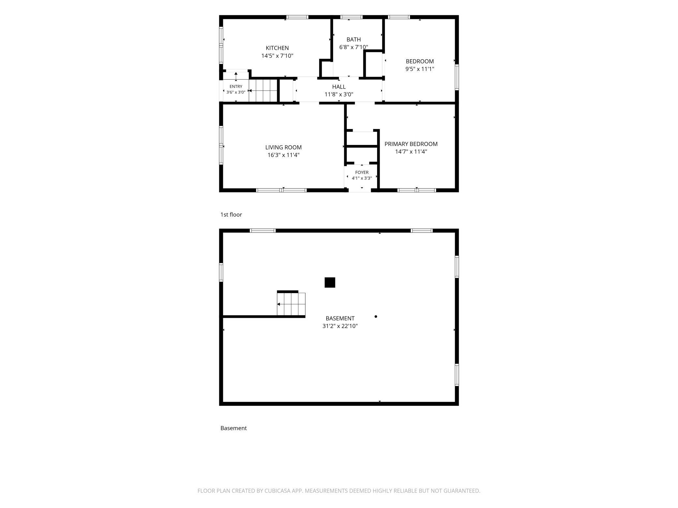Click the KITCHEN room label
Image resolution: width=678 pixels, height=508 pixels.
[x=277, y=48]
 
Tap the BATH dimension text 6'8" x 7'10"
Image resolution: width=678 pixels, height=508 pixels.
[x=354, y=47]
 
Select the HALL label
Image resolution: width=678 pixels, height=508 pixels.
[x=339, y=87]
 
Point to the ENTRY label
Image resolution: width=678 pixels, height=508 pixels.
[x=236, y=86]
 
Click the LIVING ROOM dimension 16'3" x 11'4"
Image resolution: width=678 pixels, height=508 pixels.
[x=283, y=155]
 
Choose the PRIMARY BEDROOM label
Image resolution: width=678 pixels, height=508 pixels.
[x=411, y=144]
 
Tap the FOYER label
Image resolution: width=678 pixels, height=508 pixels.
[x=362, y=172]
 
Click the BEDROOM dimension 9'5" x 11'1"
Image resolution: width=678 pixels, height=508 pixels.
[x=420, y=69]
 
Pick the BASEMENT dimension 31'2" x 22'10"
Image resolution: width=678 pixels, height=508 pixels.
[x=340, y=326]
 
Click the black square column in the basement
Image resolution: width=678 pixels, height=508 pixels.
[x=330, y=282]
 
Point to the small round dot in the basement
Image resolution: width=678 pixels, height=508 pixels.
[x=376, y=317]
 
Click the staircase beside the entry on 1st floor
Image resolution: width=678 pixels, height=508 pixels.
[x=263, y=90]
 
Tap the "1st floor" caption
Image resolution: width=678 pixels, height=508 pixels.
[x=231, y=215]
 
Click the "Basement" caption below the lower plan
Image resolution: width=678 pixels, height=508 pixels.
[x=233, y=428]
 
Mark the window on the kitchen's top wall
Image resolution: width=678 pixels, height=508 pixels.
[x=297, y=17]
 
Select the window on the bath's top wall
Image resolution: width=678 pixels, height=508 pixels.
[x=351, y=17]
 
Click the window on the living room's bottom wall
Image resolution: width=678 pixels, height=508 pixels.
[x=281, y=190]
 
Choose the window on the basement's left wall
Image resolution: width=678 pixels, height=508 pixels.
[x=221, y=272]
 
